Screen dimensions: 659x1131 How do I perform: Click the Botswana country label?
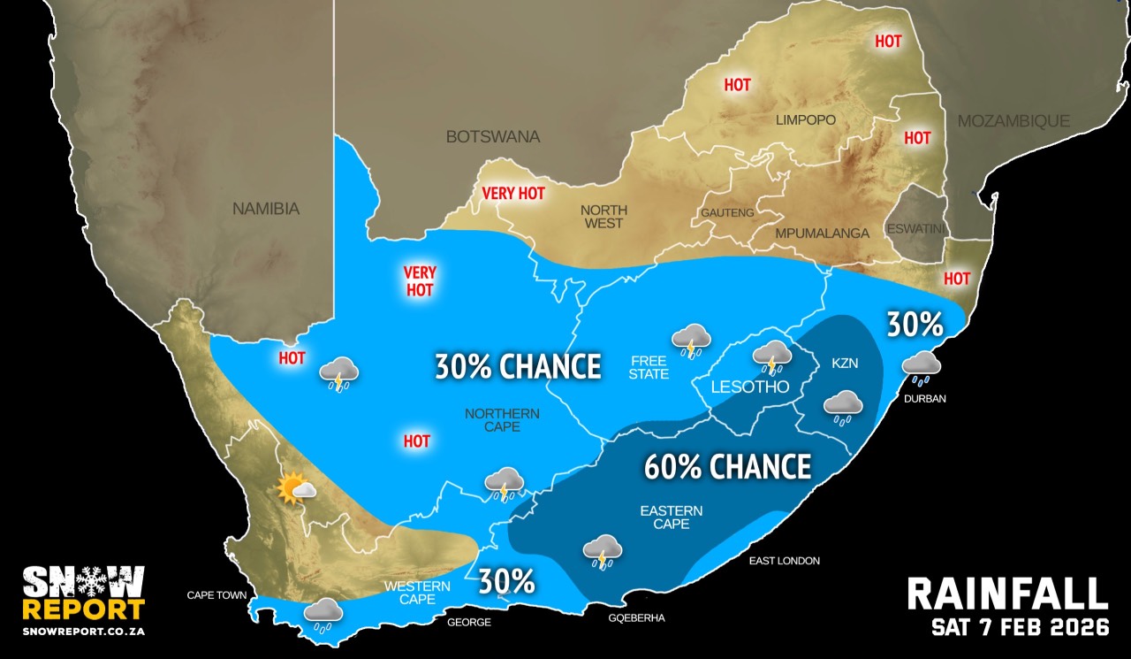point(492,137)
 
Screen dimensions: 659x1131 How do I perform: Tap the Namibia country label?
point(266,210)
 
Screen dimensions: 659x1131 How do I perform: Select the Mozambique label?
point(1013,121)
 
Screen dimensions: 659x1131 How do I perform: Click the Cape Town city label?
point(216,595)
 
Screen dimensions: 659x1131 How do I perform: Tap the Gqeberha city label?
point(637,617)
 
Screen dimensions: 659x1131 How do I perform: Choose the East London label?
point(784,561)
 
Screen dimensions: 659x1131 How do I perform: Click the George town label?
point(468,623)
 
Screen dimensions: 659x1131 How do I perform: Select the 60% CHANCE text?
point(727,466)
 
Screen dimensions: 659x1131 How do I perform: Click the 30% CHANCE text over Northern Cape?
point(518,365)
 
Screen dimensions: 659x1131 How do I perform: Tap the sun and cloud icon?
point(295,488)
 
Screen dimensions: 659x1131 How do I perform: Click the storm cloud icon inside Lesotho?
point(772,356)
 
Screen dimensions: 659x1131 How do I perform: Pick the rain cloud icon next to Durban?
point(921,367)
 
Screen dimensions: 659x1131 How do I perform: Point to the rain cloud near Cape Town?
point(323,614)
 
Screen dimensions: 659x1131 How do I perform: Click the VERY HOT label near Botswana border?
point(513,193)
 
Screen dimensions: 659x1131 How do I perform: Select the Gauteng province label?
point(727,213)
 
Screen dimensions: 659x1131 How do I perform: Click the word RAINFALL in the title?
point(1007,594)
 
